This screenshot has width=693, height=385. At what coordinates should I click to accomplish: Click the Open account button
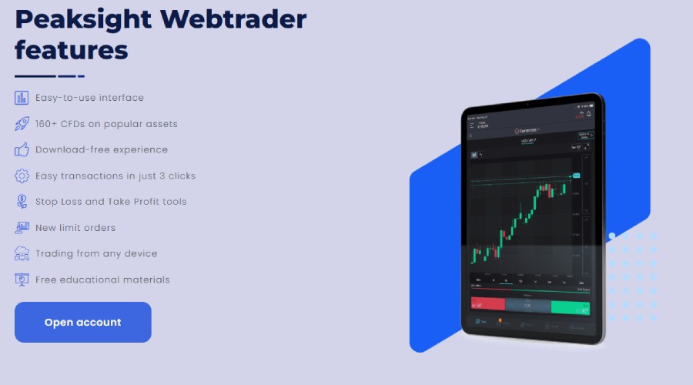[x=83, y=322]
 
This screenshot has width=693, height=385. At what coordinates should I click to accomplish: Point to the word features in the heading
[x=71, y=51]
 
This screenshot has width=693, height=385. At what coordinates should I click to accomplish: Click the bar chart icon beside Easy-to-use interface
[x=22, y=98]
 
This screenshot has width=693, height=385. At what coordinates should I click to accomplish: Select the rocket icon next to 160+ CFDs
[x=22, y=123]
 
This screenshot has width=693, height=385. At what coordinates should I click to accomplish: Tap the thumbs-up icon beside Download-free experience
[x=22, y=149]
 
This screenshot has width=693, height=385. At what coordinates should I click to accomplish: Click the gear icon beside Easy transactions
[x=22, y=176]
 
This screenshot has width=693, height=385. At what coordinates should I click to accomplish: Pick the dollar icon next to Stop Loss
[x=22, y=202]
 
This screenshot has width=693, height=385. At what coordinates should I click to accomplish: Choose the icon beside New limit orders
[x=22, y=228]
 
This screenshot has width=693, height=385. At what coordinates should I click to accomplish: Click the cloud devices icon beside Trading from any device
[x=22, y=253]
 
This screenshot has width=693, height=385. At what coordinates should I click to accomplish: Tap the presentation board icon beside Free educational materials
[x=22, y=280]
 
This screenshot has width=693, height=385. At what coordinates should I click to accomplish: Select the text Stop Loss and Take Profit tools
[x=111, y=202]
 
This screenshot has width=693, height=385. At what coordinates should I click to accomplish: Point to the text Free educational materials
[x=102, y=280]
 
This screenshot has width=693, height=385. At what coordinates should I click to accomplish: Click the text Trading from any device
[x=96, y=253]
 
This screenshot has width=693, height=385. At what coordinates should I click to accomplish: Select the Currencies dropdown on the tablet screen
[x=528, y=130]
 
